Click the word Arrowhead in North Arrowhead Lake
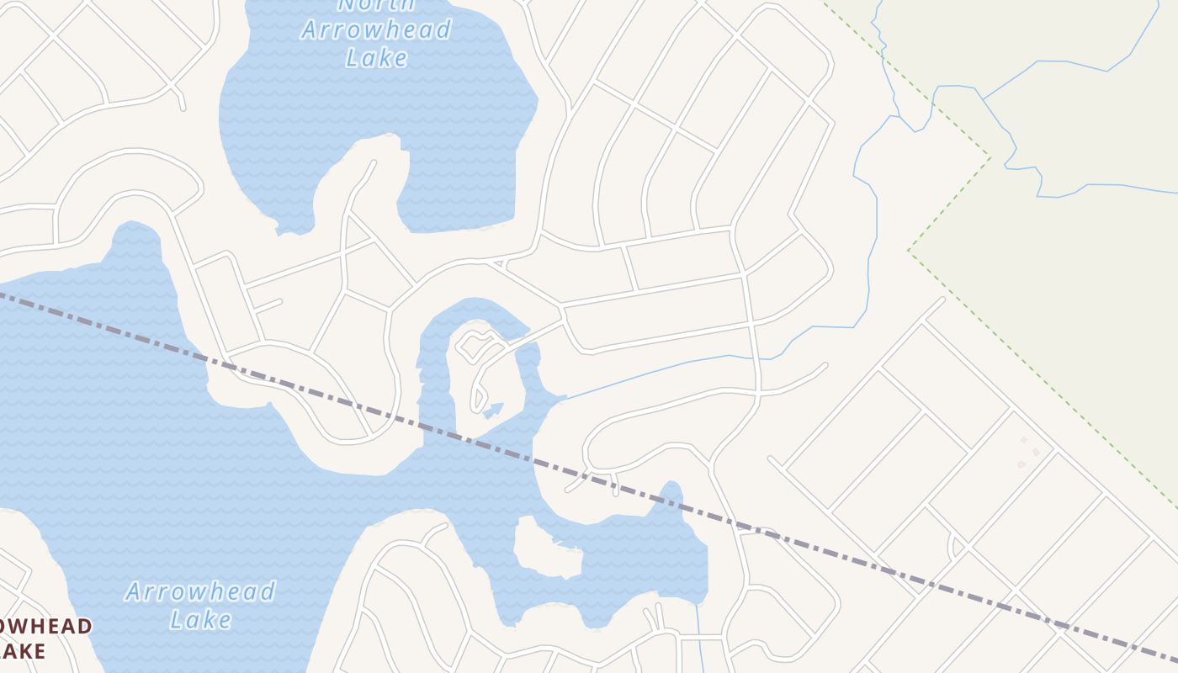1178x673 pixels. [x=375, y=30]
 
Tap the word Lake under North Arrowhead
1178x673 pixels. [x=376, y=57]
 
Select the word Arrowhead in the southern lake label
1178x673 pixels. [x=200, y=591]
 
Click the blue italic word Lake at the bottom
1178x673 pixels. [x=200, y=620]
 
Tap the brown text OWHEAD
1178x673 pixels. [x=45, y=627]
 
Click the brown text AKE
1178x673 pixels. [x=23, y=650]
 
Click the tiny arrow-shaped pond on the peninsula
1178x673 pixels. [x=494, y=410]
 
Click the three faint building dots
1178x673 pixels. [x=1028, y=453]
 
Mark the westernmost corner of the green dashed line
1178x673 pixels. [x=909, y=251]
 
